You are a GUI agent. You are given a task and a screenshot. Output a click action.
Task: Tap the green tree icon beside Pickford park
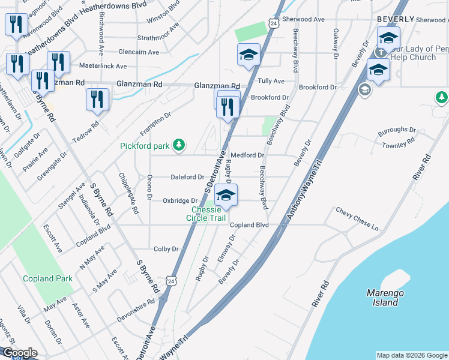click(x=179, y=145)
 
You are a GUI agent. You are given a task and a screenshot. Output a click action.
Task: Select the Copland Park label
click(x=47, y=278)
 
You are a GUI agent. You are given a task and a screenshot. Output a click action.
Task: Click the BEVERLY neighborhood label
click(x=396, y=19)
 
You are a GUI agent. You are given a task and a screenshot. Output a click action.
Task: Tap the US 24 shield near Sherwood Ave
click(x=274, y=23)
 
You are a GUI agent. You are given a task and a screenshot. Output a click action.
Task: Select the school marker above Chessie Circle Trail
click(x=226, y=196)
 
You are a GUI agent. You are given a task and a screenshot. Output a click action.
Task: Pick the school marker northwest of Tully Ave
click(x=249, y=56)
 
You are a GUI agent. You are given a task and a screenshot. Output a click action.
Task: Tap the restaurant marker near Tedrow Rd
click(x=97, y=100)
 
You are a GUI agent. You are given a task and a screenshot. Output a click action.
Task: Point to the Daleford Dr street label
click(x=187, y=177)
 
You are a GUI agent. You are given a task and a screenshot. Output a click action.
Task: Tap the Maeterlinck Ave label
click(x=106, y=66)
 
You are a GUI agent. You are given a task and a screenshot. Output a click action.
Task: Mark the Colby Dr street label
click(x=166, y=248)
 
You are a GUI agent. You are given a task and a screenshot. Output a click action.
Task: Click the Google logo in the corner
click(x=20, y=353)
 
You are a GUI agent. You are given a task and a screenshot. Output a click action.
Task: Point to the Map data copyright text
click(x=412, y=355)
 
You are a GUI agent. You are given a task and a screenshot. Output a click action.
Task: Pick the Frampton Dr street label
click(x=155, y=124)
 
